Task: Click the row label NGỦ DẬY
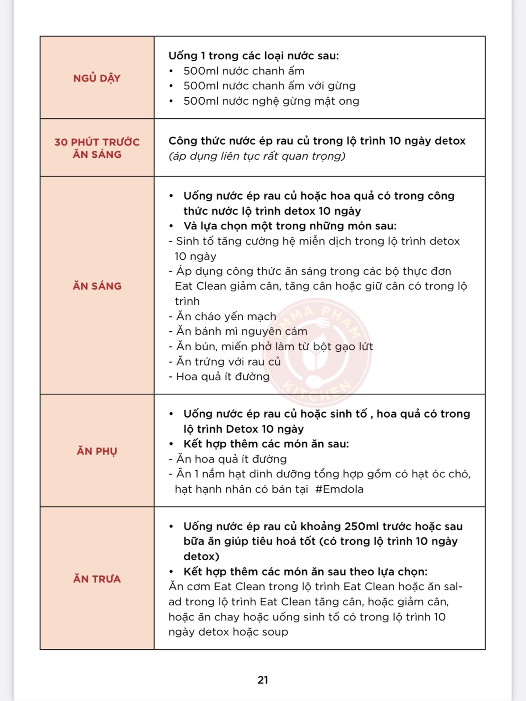[97, 78]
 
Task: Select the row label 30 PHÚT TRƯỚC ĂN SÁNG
[97, 148]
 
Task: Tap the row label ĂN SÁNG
[97, 286]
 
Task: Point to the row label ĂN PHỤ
[97, 451]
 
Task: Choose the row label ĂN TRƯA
[97, 579]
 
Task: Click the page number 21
[263, 680]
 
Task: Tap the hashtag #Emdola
[339, 489]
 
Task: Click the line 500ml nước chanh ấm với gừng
[269, 86]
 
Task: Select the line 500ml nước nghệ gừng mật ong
[271, 101]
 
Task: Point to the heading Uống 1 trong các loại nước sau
[254, 56]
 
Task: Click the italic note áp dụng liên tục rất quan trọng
[257, 156]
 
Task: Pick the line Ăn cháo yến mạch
[226, 316]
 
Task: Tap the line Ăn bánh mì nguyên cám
[241, 331]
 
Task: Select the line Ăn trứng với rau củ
[228, 362]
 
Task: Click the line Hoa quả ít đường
[222, 377]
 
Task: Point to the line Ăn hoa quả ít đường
[231, 459]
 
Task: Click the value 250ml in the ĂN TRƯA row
[361, 526]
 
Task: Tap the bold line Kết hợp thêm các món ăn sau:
[266, 444]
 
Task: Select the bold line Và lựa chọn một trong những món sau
[290, 226]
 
